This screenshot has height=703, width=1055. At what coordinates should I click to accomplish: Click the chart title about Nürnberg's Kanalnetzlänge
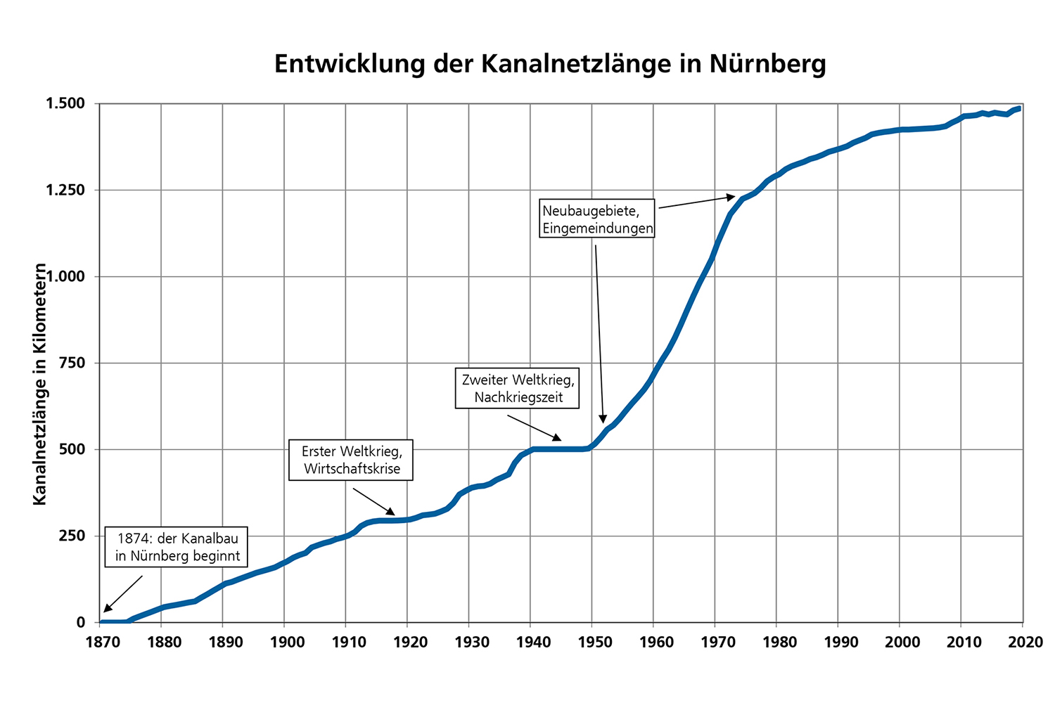click(550, 64)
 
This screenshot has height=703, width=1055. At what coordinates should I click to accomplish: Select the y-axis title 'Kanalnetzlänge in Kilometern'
click(40, 384)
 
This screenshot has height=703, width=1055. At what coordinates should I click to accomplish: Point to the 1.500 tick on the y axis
click(65, 104)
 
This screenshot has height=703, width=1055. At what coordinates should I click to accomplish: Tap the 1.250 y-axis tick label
click(65, 191)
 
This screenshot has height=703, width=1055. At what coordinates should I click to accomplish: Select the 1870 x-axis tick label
click(99, 642)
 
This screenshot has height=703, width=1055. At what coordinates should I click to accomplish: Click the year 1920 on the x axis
click(407, 642)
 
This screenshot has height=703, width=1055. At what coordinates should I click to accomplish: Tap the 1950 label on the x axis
click(592, 642)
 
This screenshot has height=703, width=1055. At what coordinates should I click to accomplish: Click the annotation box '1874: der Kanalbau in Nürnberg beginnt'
click(177, 547)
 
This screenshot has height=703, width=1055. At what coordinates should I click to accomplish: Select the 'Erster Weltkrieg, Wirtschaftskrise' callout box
click(351, 460)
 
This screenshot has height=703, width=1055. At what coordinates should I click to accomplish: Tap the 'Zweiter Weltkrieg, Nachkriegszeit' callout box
click(518, 388)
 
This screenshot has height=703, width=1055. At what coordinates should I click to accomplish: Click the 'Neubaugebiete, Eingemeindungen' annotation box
click(597, 219)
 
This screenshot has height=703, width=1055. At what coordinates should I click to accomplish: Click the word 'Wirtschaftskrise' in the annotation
click(352, 469)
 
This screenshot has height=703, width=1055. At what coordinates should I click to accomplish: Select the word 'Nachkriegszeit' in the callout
click(518, 397)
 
